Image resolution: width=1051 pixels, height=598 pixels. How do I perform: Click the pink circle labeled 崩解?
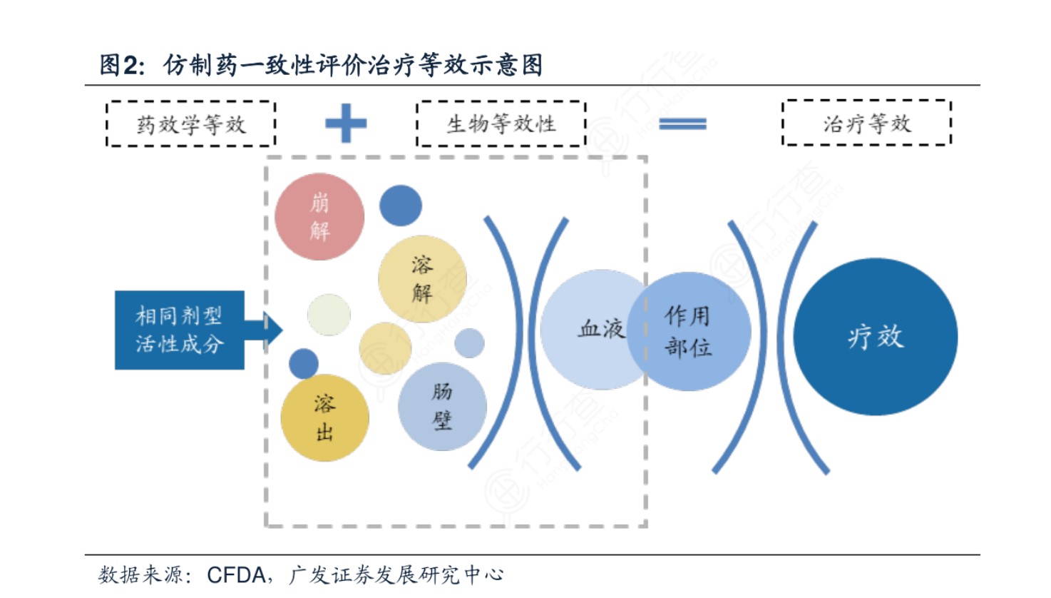click(x=319, y=216)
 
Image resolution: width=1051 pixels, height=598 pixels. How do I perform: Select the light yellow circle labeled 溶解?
click(x=422, y=279)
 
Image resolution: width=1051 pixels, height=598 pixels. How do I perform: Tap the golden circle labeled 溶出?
click(x=324, y=417)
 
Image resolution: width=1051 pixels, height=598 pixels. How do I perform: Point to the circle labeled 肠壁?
click(x=442, y=407)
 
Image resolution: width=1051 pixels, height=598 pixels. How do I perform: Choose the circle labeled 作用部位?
click(x=689, y=331)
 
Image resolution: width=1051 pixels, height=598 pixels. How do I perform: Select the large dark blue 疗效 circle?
click(x=876, y=336)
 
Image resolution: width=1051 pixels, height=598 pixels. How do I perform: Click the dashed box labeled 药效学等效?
click(x=191, y=124)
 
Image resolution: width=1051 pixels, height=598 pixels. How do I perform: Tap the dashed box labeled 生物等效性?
click(x=501, y=124)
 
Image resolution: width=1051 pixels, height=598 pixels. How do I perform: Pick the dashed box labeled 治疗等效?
click(x=866, y=123)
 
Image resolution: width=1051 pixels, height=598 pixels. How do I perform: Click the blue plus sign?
click(x=346, y=123)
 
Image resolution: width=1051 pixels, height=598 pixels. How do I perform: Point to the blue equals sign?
click(x=682, y=124)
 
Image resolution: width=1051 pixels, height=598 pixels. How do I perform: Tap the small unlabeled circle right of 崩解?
click(x=401, y=206)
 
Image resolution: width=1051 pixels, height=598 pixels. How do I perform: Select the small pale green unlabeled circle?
click(x=329, y=315)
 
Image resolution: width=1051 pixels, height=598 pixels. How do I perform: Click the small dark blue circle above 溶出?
click(x=304, y=364)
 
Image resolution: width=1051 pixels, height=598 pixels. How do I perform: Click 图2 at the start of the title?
click(x=122, y=65)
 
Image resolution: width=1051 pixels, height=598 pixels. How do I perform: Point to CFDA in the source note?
click(x=236, y=574)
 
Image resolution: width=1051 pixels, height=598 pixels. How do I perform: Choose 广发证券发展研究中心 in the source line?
click(x=396, y=574)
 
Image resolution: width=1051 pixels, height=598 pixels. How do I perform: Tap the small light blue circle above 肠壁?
click(x=469, y=343)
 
